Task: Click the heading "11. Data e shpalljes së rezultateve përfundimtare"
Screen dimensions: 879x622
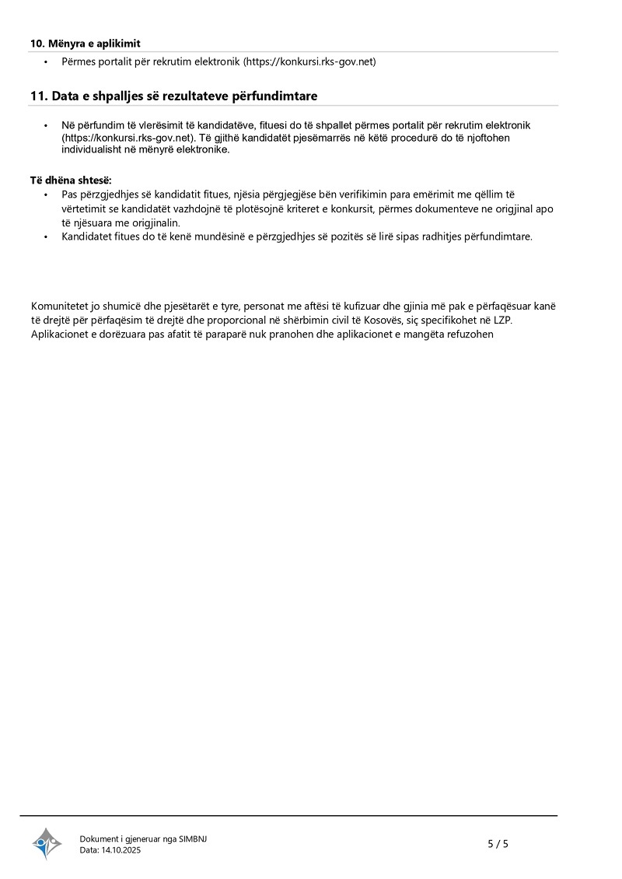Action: point(174,96)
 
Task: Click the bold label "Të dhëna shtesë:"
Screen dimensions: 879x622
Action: point(72,180)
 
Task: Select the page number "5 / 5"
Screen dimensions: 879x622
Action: point(498,843)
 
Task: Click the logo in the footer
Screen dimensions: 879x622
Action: point(47,843)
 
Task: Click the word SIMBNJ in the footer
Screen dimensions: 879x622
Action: point(193,839)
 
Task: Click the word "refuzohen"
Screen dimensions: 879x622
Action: point(470,334)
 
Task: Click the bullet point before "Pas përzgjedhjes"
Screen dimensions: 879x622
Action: point(46,194)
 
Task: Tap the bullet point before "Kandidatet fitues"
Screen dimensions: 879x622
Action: point(46,236)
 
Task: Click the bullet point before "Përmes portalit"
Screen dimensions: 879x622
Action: point(46,61)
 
